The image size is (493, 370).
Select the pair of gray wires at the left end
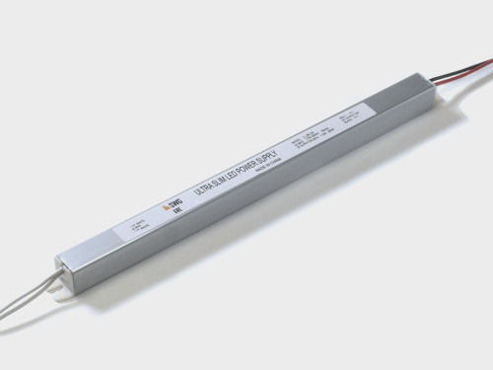[x=30, y=280]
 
